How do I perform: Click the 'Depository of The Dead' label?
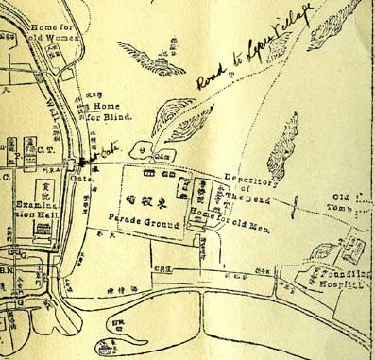(249, 188)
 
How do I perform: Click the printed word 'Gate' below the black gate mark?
(79, 177)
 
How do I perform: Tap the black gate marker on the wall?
(83, 163)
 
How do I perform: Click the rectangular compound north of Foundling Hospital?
(353, 247)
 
